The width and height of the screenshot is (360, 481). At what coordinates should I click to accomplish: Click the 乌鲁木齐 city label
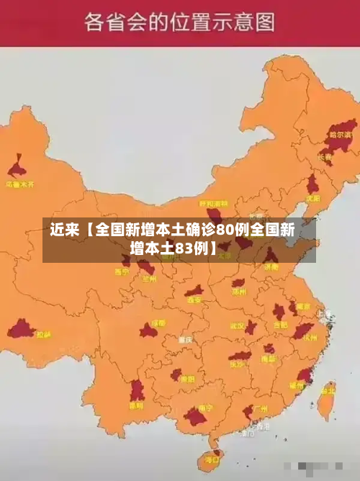(20, 184)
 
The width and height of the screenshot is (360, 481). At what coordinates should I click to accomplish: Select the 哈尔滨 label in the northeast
(341, 135)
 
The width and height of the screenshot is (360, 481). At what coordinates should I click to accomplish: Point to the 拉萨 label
(44, 335)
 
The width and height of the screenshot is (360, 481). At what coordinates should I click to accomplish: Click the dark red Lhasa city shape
(21, 331)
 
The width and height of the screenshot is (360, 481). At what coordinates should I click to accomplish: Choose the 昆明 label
(136, 405)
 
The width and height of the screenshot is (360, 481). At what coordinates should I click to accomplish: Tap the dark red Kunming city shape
(137, 391)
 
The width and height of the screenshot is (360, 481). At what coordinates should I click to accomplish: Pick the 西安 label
(194, 300)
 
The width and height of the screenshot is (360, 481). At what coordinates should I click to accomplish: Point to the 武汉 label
(237, 325)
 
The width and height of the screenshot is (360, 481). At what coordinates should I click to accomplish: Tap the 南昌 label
(269, 358)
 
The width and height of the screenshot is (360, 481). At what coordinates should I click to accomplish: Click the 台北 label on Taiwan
(328, 391)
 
